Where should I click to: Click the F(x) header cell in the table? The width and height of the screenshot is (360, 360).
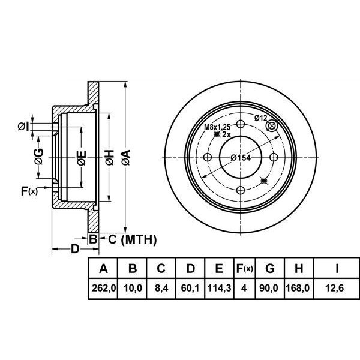point(244,268)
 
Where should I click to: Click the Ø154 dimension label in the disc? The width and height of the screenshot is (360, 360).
point(240,158)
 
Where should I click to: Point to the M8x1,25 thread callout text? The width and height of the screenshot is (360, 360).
point(217,127)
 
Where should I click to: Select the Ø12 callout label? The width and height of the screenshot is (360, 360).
point(260,118)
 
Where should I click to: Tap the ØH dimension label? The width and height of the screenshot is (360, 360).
point(109,158)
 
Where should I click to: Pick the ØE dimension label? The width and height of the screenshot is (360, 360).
point(82,158)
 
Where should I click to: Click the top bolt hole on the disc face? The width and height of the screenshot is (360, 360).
point(240,124)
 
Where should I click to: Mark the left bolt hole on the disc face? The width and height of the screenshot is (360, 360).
point(208,157)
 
